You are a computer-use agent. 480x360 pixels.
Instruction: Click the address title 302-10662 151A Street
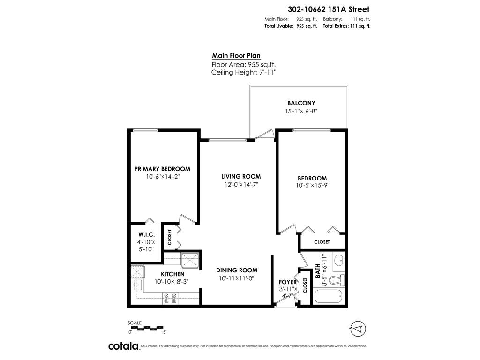(x=328, y=8)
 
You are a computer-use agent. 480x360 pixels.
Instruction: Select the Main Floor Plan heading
(x=236, y=55)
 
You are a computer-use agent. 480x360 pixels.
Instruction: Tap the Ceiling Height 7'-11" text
(x=244, y=72)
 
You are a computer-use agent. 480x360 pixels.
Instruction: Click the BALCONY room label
(x=301, y=103)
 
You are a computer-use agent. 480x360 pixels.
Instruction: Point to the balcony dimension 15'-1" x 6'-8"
(x=301, y=111)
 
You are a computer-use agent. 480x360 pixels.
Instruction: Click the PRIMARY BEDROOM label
(x=162, y=169)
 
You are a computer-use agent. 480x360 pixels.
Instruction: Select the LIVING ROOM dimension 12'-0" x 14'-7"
(x=241, y=185)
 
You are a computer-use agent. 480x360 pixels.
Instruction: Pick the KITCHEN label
(x=172, y=274)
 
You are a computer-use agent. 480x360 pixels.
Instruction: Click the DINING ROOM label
(x=237, y=270)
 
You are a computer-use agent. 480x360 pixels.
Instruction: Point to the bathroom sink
(x=339, y=260)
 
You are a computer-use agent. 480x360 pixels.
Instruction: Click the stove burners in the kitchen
(x=170, y=298)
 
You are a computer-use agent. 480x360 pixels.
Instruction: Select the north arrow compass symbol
(x=357, y=328)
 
